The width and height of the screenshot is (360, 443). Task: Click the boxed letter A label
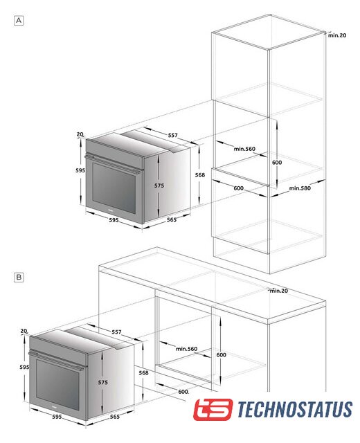click(19, 21)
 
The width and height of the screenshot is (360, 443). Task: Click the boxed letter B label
click(19, 277)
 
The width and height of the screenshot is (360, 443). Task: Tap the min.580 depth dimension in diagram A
click(300, 188)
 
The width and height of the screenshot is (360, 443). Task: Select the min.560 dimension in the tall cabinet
click(244, 149)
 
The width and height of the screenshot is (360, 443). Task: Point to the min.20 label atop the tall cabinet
click(337, 35)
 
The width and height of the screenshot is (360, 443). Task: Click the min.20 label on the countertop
click(279, 291)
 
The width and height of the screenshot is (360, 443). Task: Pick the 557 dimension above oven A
click(172, 135)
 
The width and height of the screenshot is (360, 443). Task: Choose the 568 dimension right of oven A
click(200, 175)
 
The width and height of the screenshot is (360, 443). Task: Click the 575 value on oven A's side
click(159, 186)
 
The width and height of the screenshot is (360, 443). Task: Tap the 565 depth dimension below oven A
click(171, 219)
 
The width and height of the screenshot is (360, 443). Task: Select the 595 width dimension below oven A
click(114, 220)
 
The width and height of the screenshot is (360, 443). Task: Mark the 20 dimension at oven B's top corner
click(24, 331)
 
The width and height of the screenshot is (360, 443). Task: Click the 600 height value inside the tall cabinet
click(277, 163)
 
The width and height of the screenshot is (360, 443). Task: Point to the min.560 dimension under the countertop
click(186, 349)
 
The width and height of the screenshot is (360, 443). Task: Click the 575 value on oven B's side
click(103, 382)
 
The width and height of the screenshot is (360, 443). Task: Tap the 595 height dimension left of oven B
click(24, 367)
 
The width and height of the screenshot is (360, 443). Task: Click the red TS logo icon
click(213, 409)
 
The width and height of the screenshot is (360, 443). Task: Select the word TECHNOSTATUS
click(295, 409)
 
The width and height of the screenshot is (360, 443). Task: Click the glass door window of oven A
click(114, 188)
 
